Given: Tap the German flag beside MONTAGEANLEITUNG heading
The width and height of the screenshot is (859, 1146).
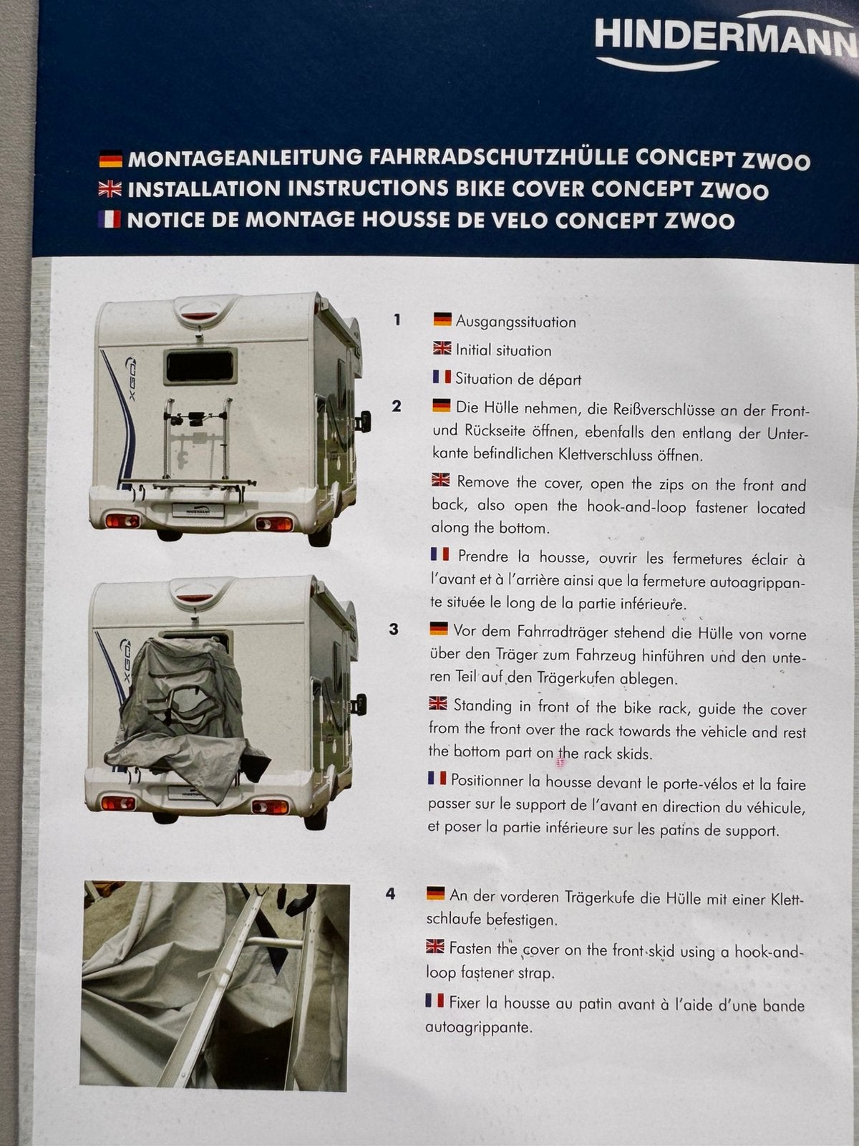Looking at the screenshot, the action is click(110, 159).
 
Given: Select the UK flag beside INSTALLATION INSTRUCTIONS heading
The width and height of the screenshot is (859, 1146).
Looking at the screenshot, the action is click(110, 189).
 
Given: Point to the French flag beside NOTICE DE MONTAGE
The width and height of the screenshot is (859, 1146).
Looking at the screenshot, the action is click(109, 219).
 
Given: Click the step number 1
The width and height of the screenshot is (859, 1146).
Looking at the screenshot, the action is click(397, 319).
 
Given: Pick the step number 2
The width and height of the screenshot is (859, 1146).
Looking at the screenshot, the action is click(397, 406).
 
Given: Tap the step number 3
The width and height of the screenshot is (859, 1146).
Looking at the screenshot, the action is click(393, 630).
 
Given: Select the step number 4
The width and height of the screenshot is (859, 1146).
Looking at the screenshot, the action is click(391, 894).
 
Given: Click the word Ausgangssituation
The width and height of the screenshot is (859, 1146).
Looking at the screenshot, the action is click(516, 322).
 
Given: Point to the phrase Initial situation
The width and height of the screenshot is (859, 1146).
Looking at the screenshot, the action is click(503, 350).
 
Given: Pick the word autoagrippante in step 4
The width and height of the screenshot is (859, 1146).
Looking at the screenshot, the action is click(478, 1028).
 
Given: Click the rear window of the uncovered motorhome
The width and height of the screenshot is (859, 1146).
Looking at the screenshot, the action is click(200, 365).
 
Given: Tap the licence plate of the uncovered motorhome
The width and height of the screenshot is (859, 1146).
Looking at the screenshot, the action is click(198, 510).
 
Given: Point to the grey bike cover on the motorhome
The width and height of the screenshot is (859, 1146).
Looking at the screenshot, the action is click(185, 716).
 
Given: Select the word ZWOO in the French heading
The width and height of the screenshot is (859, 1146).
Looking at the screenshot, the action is click(699, 221).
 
